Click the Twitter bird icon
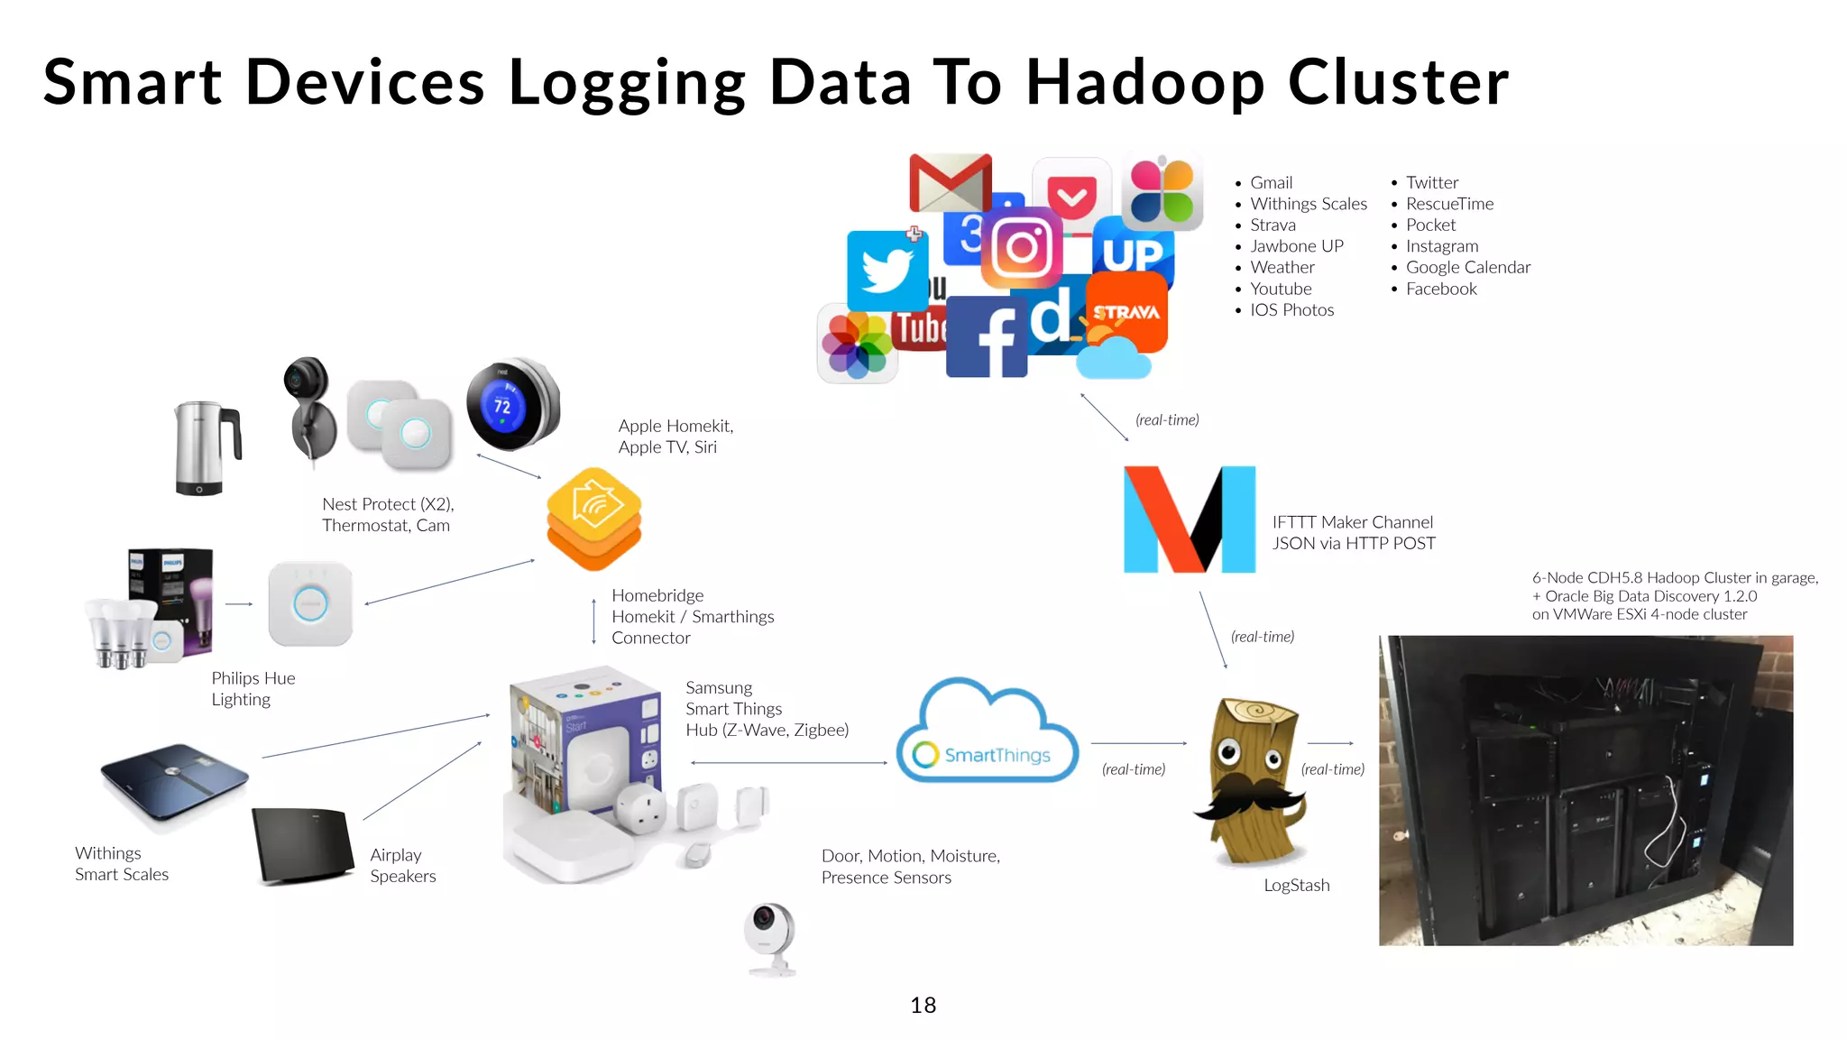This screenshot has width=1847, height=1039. (887, 270)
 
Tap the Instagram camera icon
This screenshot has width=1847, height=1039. (1022, 247)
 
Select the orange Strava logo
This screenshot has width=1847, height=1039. (1127, 312)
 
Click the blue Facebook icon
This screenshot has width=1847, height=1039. (986, 336)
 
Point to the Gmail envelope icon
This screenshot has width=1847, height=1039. (950, 182)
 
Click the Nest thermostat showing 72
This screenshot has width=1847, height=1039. (510, 405)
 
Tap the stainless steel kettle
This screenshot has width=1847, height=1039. (207, 447)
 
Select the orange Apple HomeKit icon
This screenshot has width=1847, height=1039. (593, 518)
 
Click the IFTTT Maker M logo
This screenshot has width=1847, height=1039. (1189, 519)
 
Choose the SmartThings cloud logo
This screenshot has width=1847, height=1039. (988, 733)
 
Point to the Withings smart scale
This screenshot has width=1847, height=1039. (174, 779)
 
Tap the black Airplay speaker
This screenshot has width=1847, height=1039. (303, 845)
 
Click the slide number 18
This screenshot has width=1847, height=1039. (923, 1005)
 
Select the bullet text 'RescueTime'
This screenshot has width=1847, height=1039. (1449, 204)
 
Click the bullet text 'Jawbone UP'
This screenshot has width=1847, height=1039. (1296, 246)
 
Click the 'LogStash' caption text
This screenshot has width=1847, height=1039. (1296, 886)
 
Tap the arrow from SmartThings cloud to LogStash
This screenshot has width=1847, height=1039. (1138, 743)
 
